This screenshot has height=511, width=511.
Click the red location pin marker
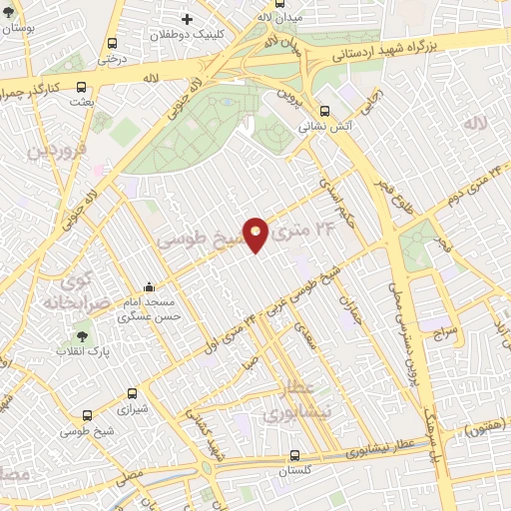coord(255,234)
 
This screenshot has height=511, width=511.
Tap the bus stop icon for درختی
coord(111,44)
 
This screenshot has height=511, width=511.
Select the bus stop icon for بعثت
coord(82,87)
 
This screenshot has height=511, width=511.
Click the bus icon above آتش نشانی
coord(325,111)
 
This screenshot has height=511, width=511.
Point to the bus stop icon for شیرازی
coord(134,394)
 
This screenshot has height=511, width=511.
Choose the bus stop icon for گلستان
coord(294,455)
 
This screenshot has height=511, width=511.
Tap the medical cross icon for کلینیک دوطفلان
coord(187,19)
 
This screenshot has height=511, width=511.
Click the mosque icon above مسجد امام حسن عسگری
coord(149,286)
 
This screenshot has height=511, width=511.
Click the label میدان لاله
coord(278,17)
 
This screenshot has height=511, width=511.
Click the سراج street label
coord(444,329)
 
